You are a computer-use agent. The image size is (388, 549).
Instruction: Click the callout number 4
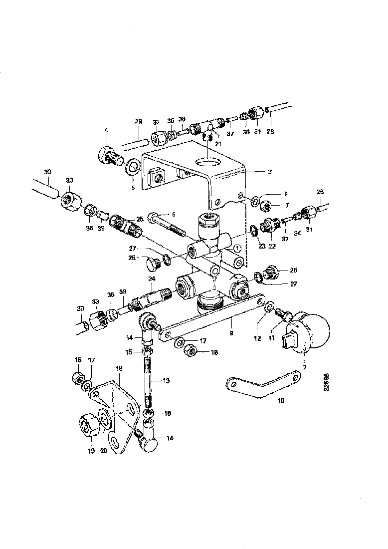106,130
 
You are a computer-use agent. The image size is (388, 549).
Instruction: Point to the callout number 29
139,122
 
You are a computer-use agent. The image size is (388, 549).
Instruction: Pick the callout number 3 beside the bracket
269,172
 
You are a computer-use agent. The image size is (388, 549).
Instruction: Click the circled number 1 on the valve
238,248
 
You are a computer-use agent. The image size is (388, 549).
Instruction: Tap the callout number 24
151,279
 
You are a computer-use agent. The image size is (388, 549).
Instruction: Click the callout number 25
140,219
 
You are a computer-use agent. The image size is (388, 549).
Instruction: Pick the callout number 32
156,122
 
